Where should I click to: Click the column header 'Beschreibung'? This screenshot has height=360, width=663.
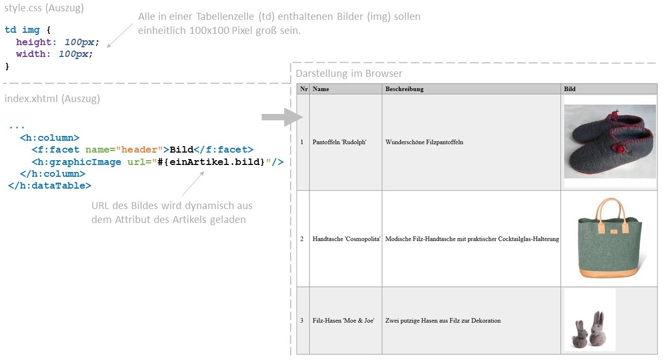(405, 89)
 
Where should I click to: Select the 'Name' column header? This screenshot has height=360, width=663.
(321, 89)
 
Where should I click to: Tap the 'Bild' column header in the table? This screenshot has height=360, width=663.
(570, 89)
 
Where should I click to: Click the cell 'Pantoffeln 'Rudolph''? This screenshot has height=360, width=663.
(339, 142)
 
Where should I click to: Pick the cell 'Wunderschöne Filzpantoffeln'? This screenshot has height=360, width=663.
(424, 142)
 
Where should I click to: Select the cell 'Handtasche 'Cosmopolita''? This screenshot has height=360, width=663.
(347, 239)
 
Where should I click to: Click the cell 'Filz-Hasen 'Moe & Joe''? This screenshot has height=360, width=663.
(343, 320)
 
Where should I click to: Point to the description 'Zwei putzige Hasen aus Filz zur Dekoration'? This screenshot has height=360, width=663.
(443, 320)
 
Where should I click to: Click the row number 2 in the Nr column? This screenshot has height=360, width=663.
(301, 239)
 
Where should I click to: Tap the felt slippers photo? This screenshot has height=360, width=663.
(610, 141)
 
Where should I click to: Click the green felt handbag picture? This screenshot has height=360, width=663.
(610, 238)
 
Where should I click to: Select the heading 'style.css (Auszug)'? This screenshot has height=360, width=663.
(44, 8)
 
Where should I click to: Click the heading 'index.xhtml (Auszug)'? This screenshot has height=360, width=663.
(52, 98)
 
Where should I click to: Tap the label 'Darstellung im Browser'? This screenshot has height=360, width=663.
(349, 74)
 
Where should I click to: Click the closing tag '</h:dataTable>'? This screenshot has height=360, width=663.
(50, 185)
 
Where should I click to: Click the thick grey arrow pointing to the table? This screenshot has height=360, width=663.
(282, 117)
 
